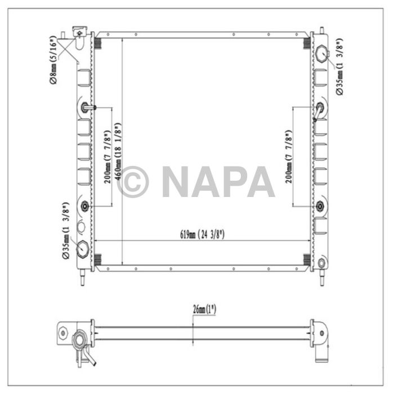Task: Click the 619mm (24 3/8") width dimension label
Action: click(x=203, y=235)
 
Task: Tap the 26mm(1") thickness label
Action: click(x=203, y=309)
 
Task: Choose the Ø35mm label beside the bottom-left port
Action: click(x=66, y=232)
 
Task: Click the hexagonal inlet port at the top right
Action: click(x=322, y=54)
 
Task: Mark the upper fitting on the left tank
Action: click(x=86, y=108)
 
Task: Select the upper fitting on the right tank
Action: click(x=320, y=108)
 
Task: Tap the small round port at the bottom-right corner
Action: click(x=321, y=263)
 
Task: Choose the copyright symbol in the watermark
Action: click(x=133, y=181)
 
